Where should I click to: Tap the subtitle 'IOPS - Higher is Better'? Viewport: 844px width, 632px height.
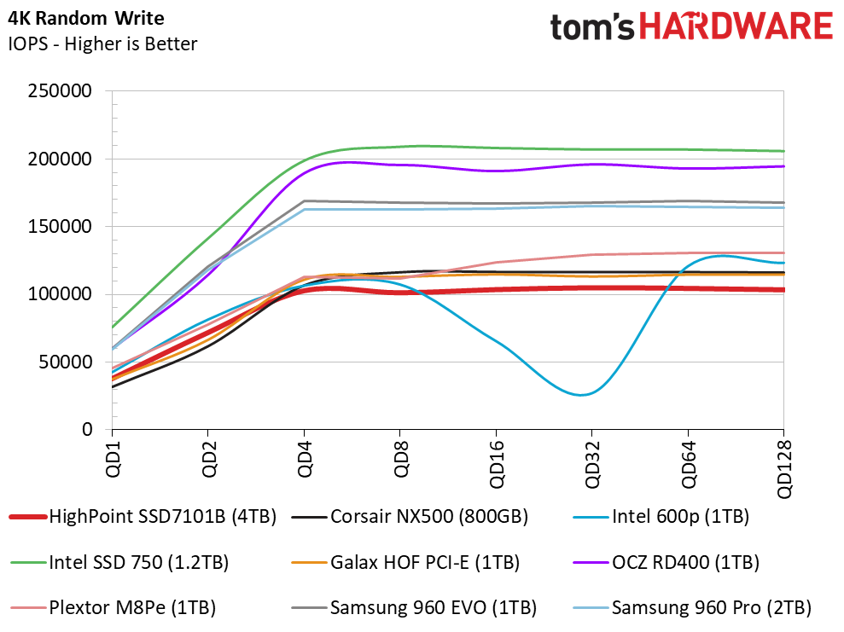[x=102, y=43]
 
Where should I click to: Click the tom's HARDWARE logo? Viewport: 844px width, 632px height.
[x=690, y=26]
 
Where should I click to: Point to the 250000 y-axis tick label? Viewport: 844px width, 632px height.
[x=61, y=91]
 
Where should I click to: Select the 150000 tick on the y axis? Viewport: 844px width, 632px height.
[x=61, y=227]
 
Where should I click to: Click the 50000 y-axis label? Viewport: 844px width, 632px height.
[x=66, y=362]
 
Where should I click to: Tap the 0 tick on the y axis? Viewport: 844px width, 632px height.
[x=88, y=430]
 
